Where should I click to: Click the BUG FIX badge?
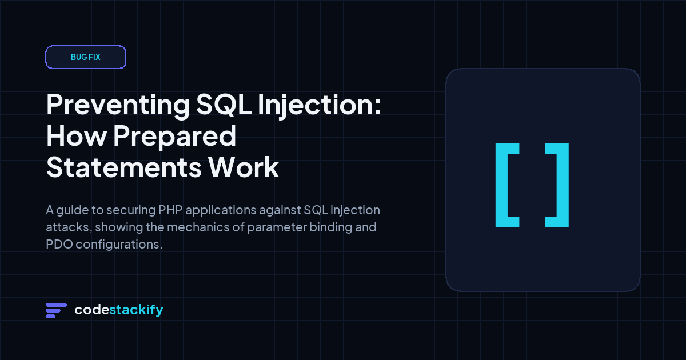[x=86, y=57]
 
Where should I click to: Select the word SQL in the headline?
[x=224, y=105]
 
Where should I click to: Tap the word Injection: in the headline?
[x=320, y=106]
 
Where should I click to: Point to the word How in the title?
[x=77, y=136]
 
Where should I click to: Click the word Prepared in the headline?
[x=175, y=137]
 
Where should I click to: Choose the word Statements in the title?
[x=124, y=167]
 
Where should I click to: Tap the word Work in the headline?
[x=244, y=167]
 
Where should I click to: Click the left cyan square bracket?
[x=501, y=185]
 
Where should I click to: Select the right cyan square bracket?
[x=563, y=185]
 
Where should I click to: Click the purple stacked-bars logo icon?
[x=56, y=310]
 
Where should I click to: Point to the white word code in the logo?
[x=92, y=310]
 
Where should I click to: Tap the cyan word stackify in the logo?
[x=136, y=310]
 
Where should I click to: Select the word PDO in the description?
[x=59, y=245]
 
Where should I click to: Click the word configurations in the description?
[x=119, y=245]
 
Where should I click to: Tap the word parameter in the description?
[x=277, y=228]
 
